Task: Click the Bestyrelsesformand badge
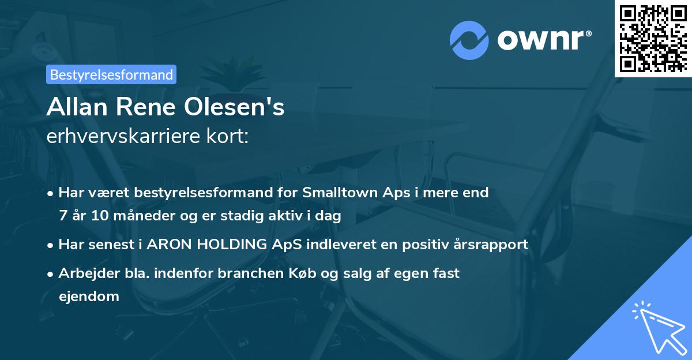[x=111, y=74]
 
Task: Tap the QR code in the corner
[x=652, y=38]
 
